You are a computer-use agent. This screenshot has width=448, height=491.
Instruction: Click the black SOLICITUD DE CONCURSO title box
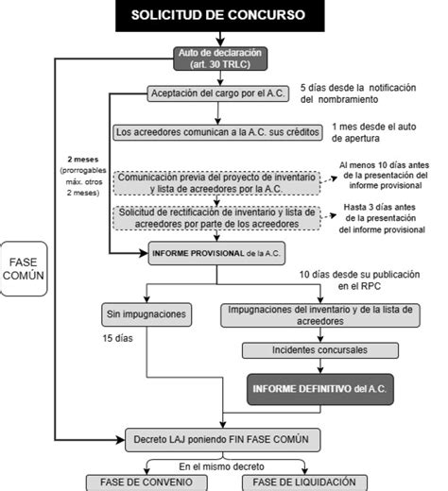coord(217,16)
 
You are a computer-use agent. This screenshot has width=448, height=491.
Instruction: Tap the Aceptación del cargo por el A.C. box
coord(218,93)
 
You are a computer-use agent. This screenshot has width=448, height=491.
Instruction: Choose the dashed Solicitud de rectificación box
coord(218,218)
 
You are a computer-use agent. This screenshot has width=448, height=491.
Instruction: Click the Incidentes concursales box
coord(311,350)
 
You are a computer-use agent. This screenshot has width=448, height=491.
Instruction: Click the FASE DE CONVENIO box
coord(139,482)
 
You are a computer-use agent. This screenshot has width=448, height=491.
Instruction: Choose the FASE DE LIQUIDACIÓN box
coord(299,482)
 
